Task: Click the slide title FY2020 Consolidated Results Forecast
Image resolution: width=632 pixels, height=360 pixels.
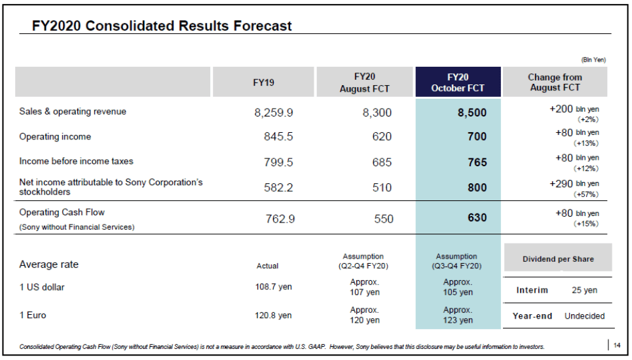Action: tap(162, 26)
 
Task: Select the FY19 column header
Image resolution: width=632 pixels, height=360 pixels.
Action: tap(263, 82)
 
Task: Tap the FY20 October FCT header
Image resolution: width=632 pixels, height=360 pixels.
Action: tap(458, 82)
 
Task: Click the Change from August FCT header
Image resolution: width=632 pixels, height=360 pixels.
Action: tap(554, 82)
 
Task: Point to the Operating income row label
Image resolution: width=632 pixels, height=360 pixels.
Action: tap(55, 137)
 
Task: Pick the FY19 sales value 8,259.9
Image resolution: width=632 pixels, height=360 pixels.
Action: tap(273, 113)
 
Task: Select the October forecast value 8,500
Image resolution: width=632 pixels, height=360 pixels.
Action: tap(472, 113)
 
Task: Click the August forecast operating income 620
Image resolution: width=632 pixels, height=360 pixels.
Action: tap(382, 137)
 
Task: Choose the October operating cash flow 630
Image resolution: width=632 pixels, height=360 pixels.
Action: tap(477, 218)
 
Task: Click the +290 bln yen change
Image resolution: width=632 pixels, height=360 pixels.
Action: tap(574, 184)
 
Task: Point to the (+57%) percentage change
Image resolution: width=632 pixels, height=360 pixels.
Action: tap(586, 195)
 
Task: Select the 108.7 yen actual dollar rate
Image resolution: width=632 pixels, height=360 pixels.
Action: tap(273, 287)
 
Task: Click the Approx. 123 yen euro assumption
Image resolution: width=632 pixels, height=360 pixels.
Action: tap(458, 315)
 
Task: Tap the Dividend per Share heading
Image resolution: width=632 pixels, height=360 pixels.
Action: tap(558, 259)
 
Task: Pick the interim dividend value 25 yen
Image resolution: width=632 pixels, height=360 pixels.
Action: tap(584, 290)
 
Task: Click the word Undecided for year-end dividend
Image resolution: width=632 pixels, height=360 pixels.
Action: tap(584, 316)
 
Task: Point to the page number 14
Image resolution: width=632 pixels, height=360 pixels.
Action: tap(617, 346)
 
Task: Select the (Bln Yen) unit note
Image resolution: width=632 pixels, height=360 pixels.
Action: tap(593, 60)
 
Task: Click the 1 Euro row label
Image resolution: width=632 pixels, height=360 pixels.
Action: tap(33, 315)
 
